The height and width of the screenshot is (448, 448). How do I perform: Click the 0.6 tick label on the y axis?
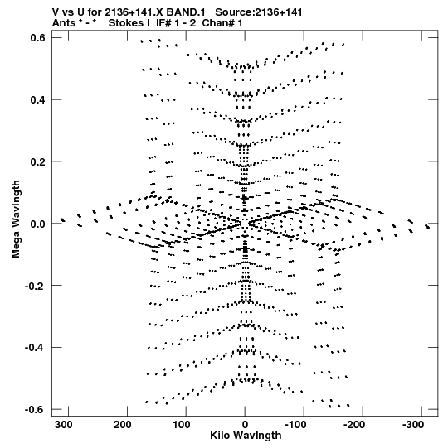tap(37, 37)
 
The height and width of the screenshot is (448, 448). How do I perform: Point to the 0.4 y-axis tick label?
tap(37, 99)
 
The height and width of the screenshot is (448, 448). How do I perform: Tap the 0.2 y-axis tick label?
tap(37, 161)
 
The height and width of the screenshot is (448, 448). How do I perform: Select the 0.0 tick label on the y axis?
tap(37, 224)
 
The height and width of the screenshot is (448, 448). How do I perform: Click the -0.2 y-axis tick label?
tap(35, 286)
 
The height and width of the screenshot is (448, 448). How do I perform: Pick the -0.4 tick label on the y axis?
tap(35, 348)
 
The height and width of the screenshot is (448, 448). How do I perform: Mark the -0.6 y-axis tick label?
tap(35, 410)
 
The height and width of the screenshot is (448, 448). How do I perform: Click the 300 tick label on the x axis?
tap(64, 425)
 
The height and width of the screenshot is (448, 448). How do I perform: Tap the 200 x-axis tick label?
tap(123, 425)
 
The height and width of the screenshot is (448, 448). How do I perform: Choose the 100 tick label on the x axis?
tap(182, 425)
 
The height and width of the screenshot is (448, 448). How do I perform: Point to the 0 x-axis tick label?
tap(245, 425)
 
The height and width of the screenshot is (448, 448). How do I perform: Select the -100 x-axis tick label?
tap(295, 425)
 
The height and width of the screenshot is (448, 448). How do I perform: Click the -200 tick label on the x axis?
tap(354, 425)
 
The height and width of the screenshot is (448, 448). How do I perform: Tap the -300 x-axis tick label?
tap(413, 425)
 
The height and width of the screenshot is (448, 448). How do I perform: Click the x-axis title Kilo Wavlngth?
tap(246, 436)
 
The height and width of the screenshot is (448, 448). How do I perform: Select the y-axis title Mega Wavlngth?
tap(16, 219)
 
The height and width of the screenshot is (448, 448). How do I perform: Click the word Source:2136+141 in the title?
tap(259, 12)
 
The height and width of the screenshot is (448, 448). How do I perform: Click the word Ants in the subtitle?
tap(63, 23)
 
